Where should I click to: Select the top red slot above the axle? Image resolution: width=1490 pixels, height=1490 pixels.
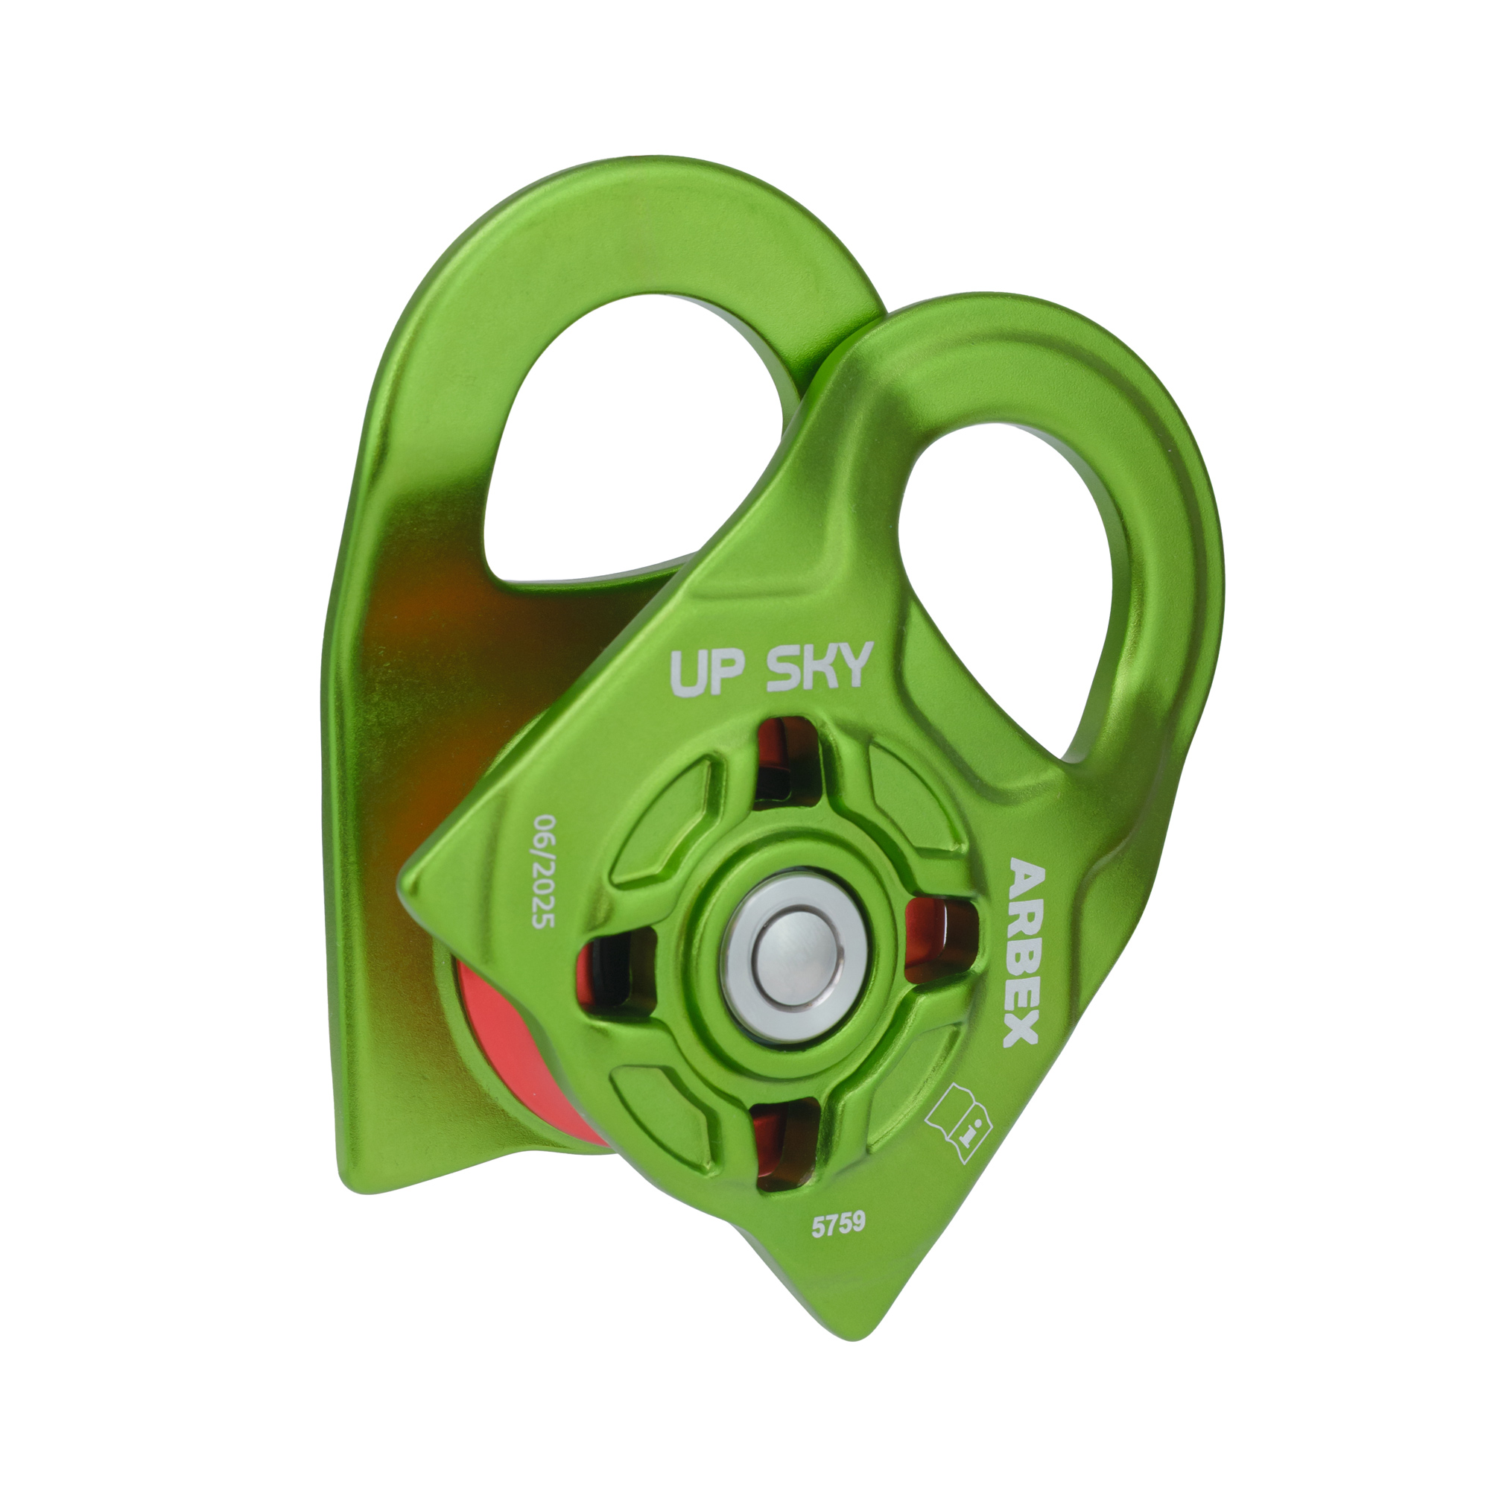[787, 759]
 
